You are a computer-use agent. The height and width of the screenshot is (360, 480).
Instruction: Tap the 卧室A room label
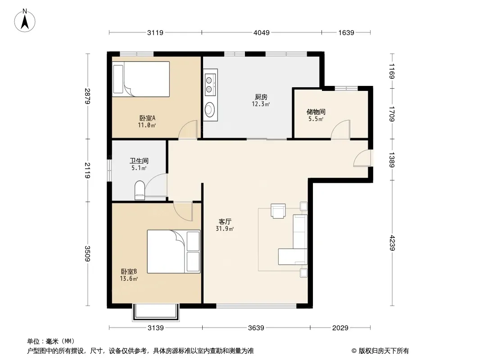pyautogui.click(x=148, y=118)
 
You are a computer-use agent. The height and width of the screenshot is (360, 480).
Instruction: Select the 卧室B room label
pyautogui.click(x=129, y=271)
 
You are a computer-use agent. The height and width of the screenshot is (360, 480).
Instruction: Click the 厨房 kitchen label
pyautogui.click(x=261, y=97)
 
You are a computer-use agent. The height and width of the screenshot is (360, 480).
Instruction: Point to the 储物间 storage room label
pyautogui.click(x=316, y=112)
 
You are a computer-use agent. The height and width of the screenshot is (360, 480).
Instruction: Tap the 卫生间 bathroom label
pyautogui.click(x=139, y=161)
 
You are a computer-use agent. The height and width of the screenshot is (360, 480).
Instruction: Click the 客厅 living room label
pyautogui.click(x=225, y=221)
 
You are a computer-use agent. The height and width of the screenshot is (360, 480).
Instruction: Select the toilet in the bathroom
pyautogui.click(x=140, y=190)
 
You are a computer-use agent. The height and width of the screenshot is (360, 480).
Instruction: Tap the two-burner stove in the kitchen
pyautogui.click(x=209, y=85)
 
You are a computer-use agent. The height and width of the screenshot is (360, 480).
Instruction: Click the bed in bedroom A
pyautogui.click(x=141, y=79)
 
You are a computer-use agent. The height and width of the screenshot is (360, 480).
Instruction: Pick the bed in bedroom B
pyautogui.click(x=173, y=252)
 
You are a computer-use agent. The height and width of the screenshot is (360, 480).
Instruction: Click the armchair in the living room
pyautogui.click(x=278, y=211)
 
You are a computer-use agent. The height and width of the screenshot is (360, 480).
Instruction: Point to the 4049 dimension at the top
pyautogui.click(x=262, y=32)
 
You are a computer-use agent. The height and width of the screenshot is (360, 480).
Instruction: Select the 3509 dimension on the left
pyautogui.click(x=87, y=254)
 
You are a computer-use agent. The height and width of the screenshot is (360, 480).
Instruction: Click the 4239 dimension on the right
pyautogui.click(x=392, y=243)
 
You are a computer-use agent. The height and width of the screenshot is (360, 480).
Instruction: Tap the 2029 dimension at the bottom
pyautogui.click(x=340, y=328)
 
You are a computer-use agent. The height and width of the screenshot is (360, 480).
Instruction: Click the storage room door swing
pyautogui.click(x=340, y=130)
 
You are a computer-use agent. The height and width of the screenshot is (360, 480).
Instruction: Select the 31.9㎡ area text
pyautogui.click(x=225, y=229)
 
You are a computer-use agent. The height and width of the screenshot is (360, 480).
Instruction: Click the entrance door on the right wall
pyautogui.click(x=362, y=158)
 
